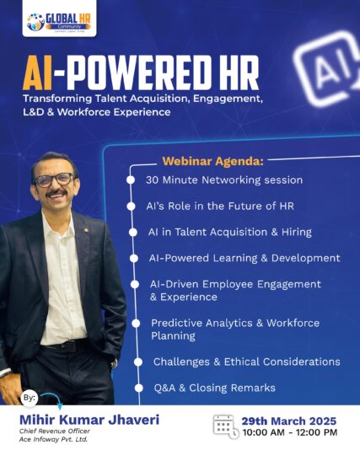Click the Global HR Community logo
tap(59, 21)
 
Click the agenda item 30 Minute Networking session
tap(223, 179)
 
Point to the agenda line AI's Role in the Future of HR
tap(209, 206)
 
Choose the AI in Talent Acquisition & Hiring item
tap(230, 232)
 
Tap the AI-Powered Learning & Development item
tap(244, 258)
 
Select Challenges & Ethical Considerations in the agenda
tap(246, 362)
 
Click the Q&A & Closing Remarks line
tap(213, 388)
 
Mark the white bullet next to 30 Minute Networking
tap(130, 179)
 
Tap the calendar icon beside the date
tap(223, 426)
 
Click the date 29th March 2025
tap(289, 420)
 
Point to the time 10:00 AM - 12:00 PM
tap(289, 432)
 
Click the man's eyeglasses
tap(54, 179)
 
